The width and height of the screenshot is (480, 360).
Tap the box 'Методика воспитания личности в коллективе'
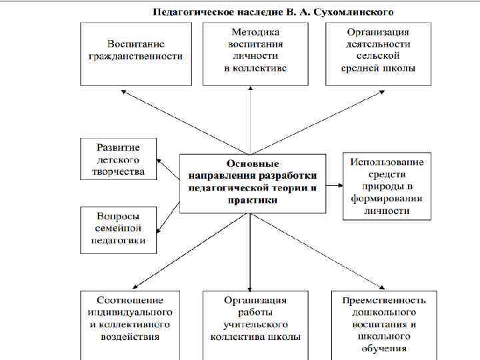tap(255, 53)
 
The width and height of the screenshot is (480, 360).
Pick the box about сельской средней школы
tap(378, 53)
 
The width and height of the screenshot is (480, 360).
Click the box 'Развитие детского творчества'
tap(119, 159)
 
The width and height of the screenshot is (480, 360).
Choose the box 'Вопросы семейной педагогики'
tap(119, 229)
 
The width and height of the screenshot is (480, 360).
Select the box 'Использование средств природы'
tap(387, 186)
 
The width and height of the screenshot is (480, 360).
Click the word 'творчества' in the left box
tap(117, 171)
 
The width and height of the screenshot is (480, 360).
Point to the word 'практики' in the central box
tap(253, 199)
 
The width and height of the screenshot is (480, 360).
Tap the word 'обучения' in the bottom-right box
tap(384, 349)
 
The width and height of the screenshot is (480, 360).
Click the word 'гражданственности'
tap(135, 57)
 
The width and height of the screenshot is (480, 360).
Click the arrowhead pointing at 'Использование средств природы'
tap(341, 184)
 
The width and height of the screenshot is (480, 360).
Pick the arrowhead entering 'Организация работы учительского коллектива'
tap(249, 286)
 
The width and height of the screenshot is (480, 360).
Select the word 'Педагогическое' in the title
tap(191, 12)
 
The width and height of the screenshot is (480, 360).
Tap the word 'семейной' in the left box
tap(118, 229)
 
